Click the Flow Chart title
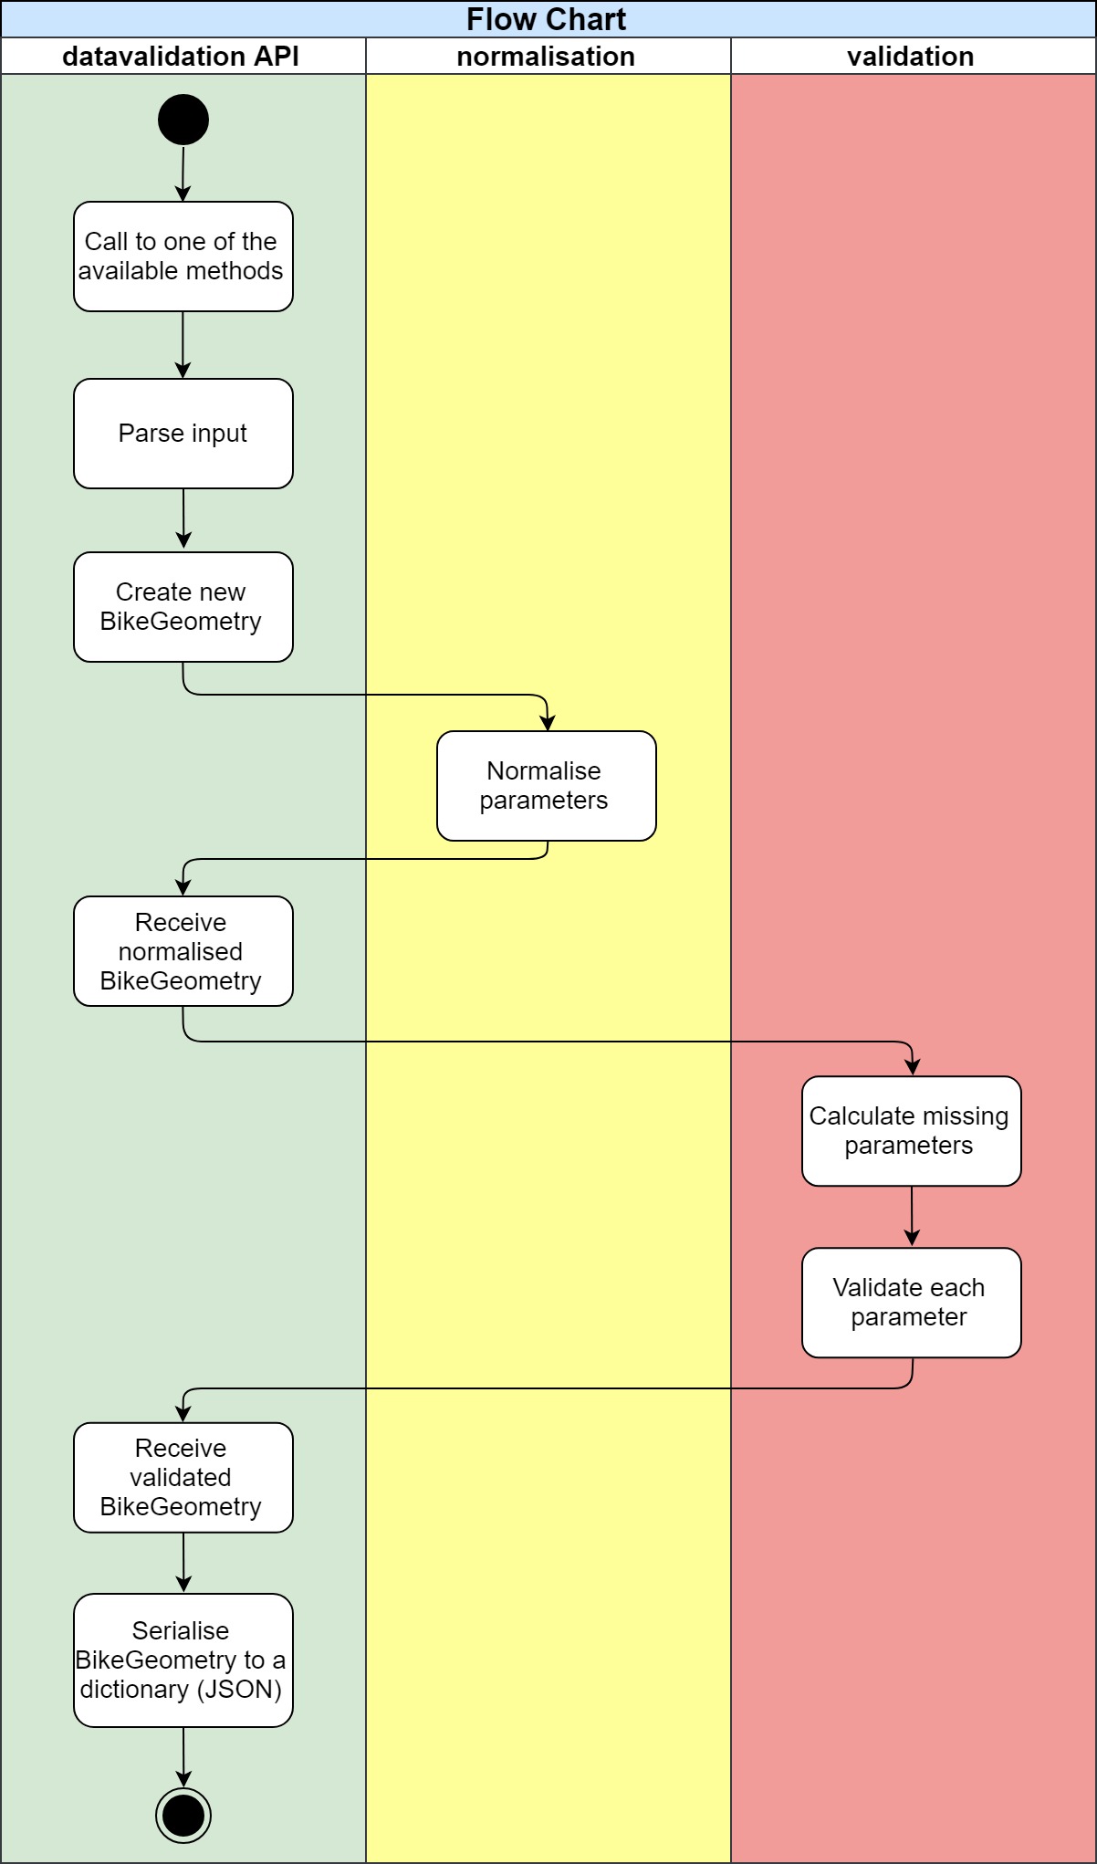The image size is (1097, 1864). [x=546, y=19]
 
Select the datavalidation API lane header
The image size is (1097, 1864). [x=181, y=57]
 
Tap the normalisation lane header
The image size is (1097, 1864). [x=546, y=57]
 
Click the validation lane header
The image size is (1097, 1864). [x=910, y=57]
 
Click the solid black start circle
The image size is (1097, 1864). [x=183, y=120]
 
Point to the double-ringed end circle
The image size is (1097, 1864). [x=183, y=1814]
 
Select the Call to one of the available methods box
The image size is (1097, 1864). [x=183, y=257]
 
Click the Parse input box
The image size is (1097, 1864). [x=183, y=434]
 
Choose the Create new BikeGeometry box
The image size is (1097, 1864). [x=183, y=607]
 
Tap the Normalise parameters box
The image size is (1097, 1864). [x=546, y=786]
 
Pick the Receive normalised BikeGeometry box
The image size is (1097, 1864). [x=183, y=951]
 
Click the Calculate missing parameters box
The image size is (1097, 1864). [x=911, y=1131]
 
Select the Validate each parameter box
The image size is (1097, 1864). [x=911, y=1303]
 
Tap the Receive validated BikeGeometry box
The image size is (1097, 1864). [x=183, y=1477]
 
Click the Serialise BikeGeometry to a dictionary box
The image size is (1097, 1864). [x=183, y=1660]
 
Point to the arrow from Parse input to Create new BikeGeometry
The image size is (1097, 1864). [x=183, y=518]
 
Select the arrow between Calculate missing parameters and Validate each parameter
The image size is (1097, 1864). [x=912, y=1216]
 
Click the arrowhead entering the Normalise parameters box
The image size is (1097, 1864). [x=548, y=723]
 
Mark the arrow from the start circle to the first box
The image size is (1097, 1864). [x=183, y=173]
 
